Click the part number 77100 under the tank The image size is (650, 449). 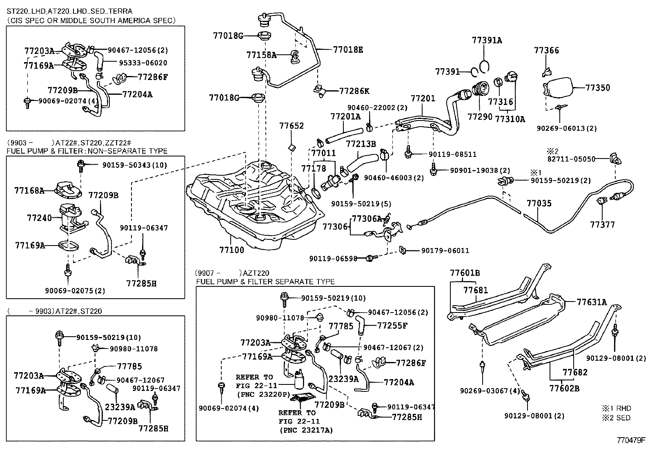coord(232,250)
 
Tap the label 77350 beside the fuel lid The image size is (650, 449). coord(598,87)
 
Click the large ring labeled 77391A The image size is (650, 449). coord(484,66)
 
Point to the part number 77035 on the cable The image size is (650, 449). coord(539,203)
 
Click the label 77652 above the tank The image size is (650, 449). coord(292,125)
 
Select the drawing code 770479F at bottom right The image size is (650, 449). coord(631,440)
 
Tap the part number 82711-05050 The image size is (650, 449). coord(571,159)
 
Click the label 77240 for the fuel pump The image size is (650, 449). coord(39,218)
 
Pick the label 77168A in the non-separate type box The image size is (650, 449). coord(29,190)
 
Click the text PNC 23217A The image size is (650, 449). coord(306,430)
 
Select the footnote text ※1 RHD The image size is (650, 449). coord(616,408)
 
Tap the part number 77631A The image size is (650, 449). coord(592,302)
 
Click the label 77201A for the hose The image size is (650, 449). coord(345,117)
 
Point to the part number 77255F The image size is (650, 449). coord(392,326)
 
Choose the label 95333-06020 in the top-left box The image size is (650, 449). coord(137,63)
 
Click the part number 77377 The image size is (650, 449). coord(602,224)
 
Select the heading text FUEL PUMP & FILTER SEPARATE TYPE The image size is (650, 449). coord(265,281)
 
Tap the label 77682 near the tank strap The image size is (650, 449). coord(575,372)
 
